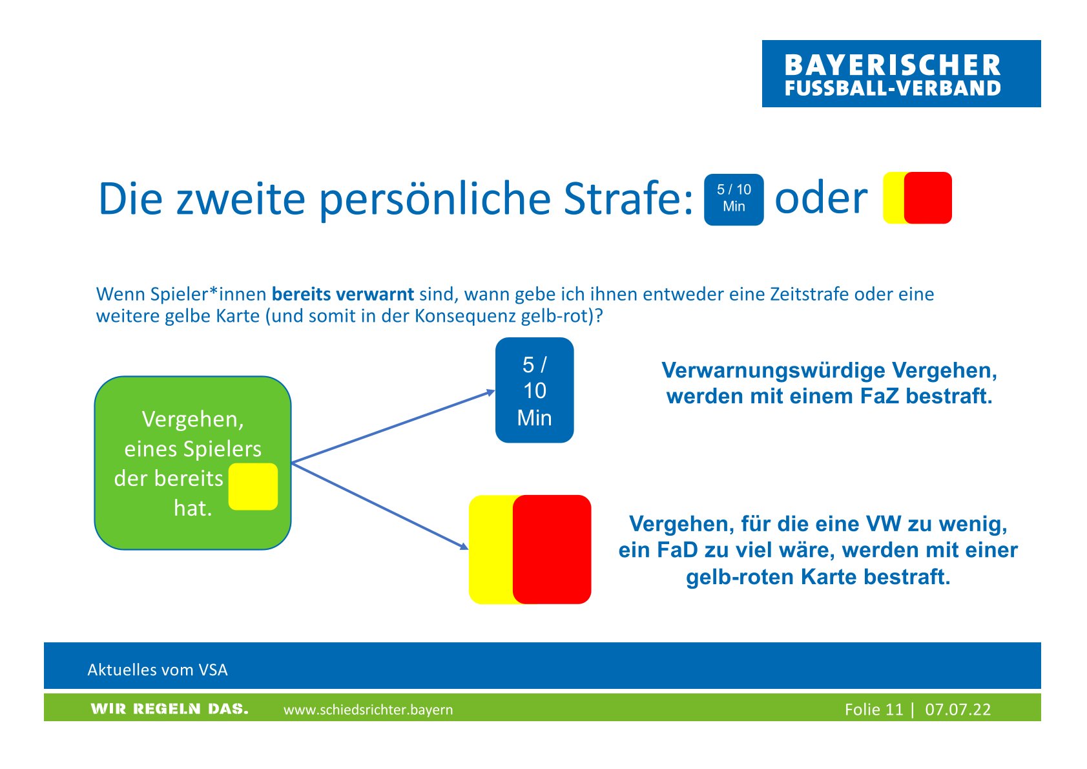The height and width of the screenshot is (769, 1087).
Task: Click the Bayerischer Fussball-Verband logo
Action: [901, 74]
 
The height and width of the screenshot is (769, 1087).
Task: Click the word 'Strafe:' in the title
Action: [628, 198]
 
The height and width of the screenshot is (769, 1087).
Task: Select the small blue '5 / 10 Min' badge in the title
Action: [734, 200]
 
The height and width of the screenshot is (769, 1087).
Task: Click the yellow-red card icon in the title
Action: [917, 198]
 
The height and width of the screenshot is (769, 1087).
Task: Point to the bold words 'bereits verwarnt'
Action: [342, 294]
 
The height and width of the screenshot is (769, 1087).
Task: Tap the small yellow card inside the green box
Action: [253, 487]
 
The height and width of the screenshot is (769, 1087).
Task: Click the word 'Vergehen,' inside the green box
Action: [192, 419]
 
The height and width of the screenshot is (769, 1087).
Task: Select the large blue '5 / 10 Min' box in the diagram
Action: [534, 390]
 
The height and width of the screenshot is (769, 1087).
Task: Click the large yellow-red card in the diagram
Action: [530, 549]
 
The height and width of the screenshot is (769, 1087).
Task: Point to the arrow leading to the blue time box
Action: [393, 427]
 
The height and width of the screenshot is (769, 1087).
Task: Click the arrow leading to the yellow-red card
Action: [380, 507]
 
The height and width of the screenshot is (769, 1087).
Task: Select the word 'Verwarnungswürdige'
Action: [774, 370]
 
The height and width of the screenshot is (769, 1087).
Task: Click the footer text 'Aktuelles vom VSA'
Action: [157, 670]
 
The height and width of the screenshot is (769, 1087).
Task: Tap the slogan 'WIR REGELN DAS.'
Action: [169, 709]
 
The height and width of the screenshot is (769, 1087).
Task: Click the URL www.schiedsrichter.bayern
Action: [368, 710]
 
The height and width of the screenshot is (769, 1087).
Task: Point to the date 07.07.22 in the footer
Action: [957, 710]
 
